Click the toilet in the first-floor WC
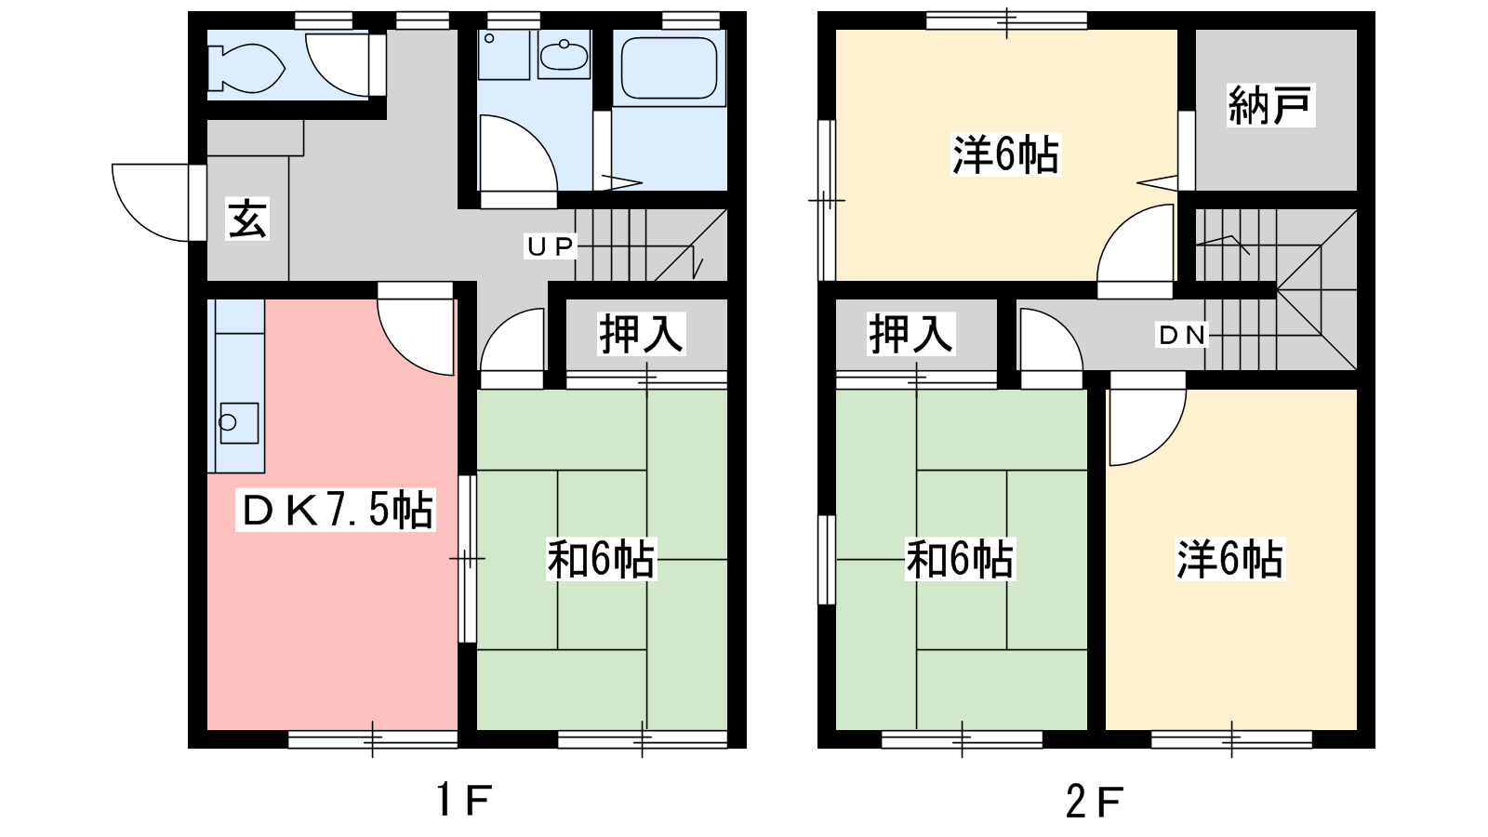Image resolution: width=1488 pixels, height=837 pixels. (x=246, y=67)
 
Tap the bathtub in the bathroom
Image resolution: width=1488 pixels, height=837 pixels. (x=669, y=67)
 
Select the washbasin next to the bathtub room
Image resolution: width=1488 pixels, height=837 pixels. (x=564, y=56)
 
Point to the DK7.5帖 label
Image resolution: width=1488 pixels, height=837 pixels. (x=336, y=511)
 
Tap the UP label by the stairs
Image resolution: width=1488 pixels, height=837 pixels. (x=550, y=246)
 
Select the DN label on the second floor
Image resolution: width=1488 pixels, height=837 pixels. (x=1182, y=336)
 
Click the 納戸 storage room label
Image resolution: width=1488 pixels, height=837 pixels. (x=1270, y=105)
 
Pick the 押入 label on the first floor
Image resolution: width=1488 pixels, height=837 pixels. (x=641, y=334)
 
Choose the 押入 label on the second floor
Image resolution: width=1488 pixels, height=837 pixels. (x=910, y=334)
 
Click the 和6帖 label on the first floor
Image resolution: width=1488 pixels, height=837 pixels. (x=601, y=559)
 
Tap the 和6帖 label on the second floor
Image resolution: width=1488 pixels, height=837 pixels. (x=961, y=559)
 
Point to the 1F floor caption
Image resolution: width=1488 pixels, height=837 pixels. (x=464, y=800)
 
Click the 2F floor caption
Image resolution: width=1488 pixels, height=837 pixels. (x=1095, y=801)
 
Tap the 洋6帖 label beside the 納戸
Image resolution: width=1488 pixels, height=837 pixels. (x=1005, y=154)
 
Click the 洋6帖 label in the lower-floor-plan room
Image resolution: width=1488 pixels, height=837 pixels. (x=1230, y=559)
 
